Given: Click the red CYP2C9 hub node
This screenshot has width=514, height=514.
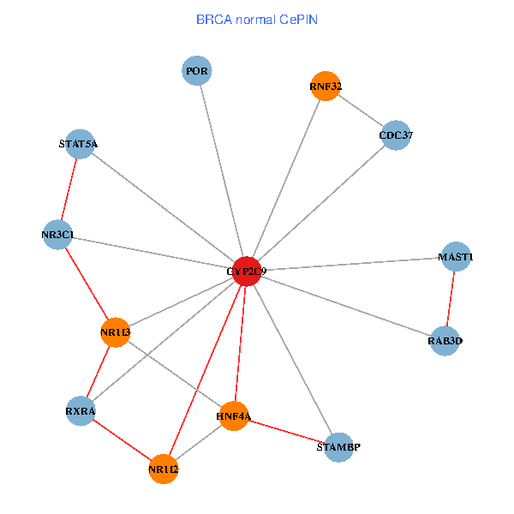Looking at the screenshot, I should pos(247,271).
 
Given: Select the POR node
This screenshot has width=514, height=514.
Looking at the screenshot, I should pos(197,70).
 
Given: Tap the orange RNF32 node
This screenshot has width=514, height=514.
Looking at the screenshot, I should pos(326,86).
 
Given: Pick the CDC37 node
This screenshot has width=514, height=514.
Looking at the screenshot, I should pos(396,135).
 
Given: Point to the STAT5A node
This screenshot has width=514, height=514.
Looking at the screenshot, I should pos(79,144).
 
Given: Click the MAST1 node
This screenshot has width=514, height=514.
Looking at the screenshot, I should pos(455,257).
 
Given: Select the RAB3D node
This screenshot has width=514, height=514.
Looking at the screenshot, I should pos(445,341).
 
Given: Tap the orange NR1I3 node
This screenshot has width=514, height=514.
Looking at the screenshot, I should pos(115,332).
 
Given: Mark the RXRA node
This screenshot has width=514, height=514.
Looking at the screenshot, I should pos(81,411).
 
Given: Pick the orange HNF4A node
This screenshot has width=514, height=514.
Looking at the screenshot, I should pos(233,416).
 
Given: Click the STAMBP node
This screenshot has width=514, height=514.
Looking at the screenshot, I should pos(338,447).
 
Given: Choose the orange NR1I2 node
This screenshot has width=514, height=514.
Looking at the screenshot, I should pos(163,469).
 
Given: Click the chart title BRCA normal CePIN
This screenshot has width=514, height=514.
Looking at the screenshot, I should pos(257,19).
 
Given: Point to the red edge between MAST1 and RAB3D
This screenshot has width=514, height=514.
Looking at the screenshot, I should pos(450,299).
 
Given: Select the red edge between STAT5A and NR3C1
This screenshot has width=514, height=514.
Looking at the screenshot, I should pos(68,189).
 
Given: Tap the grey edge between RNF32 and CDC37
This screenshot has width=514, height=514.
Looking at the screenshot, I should pos(361,111).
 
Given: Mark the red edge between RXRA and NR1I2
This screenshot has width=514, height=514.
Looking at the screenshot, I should pos(122,440).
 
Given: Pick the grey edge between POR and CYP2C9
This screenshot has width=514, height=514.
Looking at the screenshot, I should pos(222,170).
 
